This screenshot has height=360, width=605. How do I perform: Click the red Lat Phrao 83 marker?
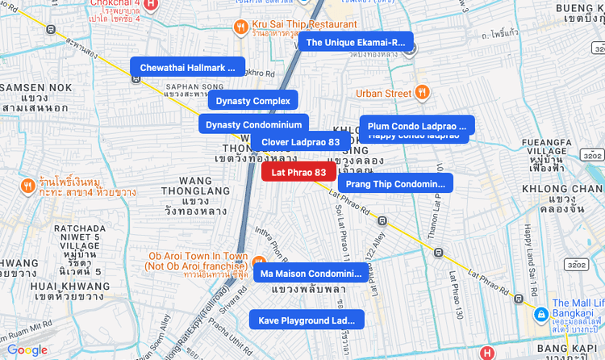click(298, 172)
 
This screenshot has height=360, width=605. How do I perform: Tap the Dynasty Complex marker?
click(253, 101)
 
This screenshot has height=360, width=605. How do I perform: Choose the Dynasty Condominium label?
click(254, 124)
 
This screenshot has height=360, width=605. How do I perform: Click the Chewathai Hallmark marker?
click(187, 67)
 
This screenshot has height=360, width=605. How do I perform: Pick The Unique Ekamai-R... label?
click(355, 42)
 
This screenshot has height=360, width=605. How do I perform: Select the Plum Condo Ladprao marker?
click(416, 126)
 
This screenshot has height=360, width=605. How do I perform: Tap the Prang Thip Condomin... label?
click(395, 184)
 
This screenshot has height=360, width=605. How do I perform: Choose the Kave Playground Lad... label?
click(307, 320)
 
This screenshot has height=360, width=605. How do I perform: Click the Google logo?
click(27, 350)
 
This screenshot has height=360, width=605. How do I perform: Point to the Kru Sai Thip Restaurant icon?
click(240, 28)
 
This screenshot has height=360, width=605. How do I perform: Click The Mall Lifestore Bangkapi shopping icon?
click(541, 314)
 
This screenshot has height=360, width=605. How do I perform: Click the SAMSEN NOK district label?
click(34, 86)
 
